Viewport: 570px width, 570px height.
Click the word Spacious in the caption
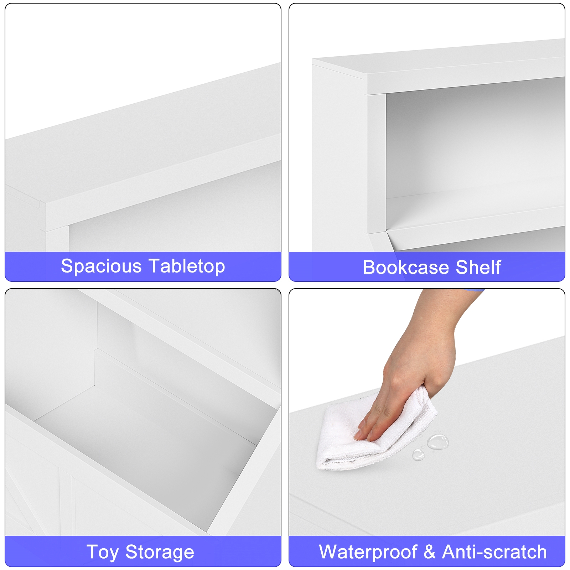point(101,266)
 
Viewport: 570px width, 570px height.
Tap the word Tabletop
point(187,266)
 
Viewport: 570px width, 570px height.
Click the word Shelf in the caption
point(478,267)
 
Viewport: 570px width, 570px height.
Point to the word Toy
point(102,553)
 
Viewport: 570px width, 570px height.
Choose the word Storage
point(160,553)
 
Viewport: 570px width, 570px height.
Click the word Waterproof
point(368,552)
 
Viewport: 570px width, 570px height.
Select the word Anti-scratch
point(494,552)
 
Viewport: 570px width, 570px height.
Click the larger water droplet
point(438,442)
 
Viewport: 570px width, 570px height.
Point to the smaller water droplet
point(418,455)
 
